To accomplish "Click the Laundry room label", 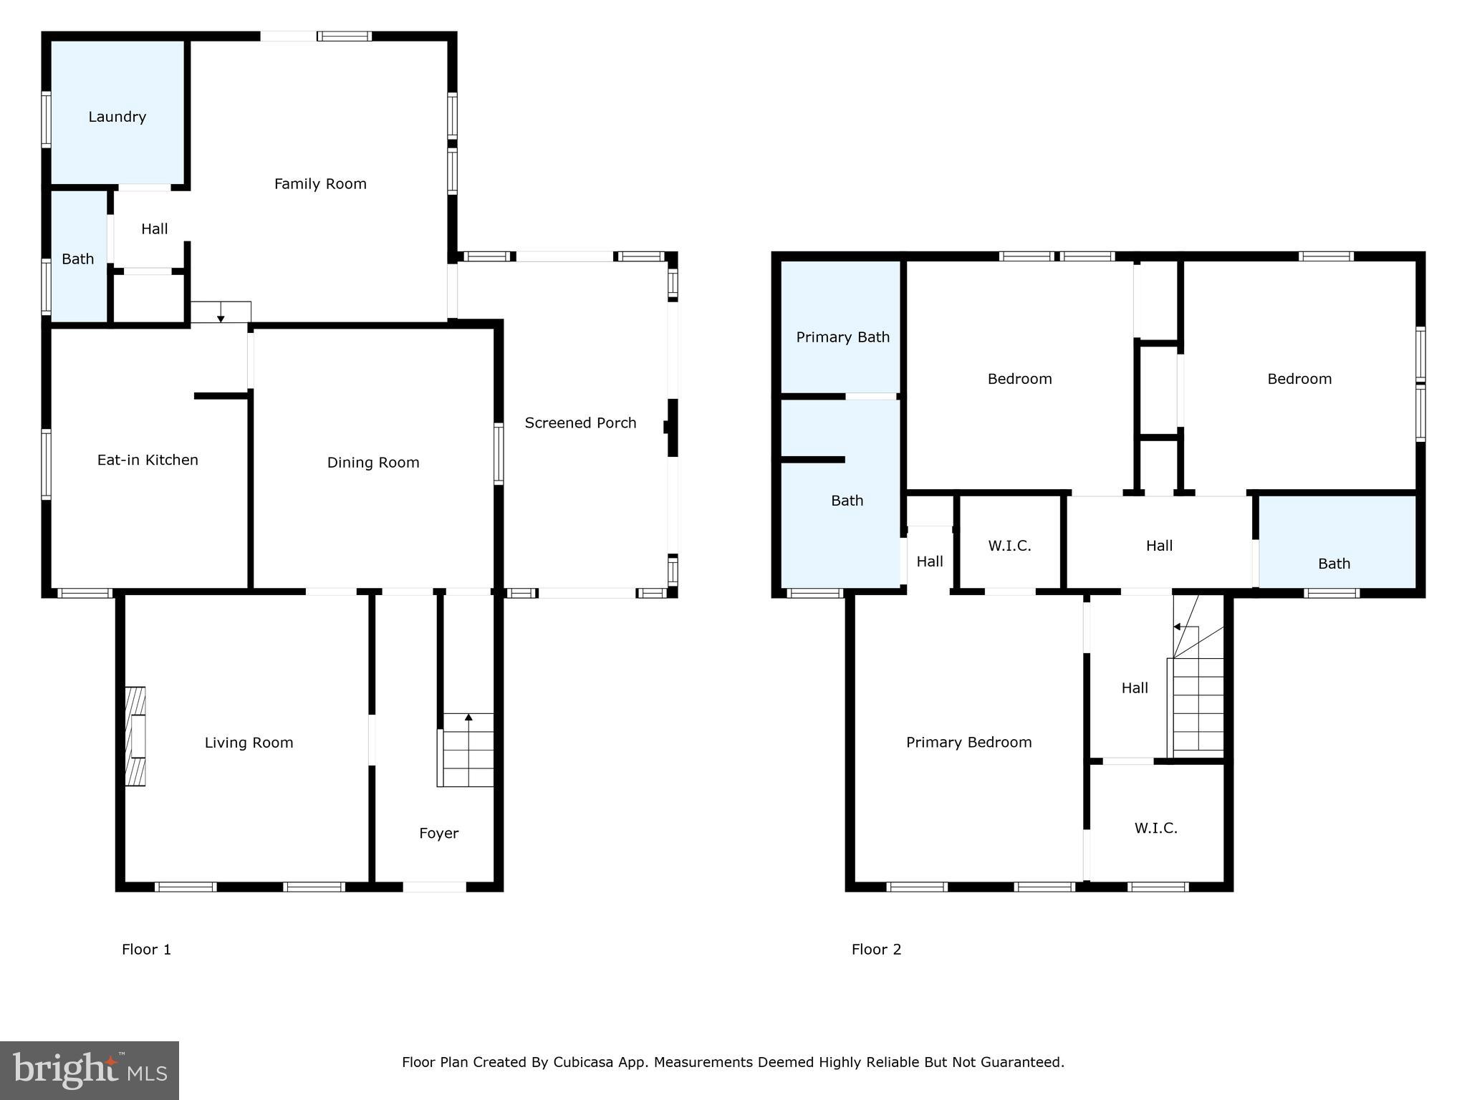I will tap(117, 117).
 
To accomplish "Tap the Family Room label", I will tap(320, 184).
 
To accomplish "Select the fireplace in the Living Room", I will tap(135, 738).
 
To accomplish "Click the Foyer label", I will tap(438, 833).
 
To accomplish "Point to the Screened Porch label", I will tap(580, 423).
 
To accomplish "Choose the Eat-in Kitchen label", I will tap(148, 460).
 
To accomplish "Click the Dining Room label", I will tap(373, 463).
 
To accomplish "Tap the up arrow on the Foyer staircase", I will tap(468, 717).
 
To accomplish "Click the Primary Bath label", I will tap(842, 337).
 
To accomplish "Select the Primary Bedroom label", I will tap(968, 743).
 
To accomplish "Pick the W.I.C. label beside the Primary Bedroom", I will tap(1155, 829).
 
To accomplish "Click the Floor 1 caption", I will tap(146, 950).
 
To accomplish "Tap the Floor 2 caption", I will tap(876, 950).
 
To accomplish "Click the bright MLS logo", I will tap(90, 1070).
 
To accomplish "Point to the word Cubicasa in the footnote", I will tap(582, 1062).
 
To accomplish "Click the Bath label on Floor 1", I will tap(77, 259).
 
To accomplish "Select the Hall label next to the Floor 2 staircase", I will tap(1134, 688).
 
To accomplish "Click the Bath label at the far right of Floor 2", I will tap(1334, 564).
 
